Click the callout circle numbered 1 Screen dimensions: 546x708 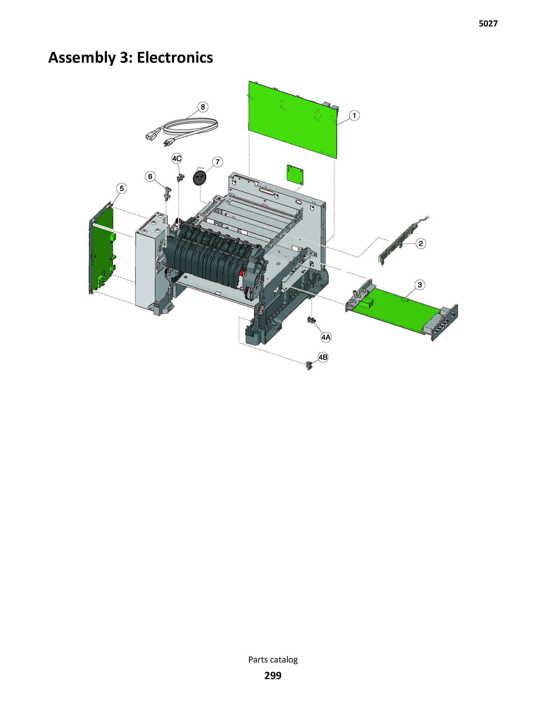point(354,115)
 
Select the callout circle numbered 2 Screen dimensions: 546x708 point(421,243)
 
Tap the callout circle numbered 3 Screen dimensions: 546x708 point(420,285)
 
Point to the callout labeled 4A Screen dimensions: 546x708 point(326,337)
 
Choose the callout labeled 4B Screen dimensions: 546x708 point(323,357)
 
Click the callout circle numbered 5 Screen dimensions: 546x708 point(122,188)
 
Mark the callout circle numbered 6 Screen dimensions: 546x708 point(150,177)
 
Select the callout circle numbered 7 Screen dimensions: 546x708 point(217,162)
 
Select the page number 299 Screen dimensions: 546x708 point(273,676)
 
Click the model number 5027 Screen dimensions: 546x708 point(488,23)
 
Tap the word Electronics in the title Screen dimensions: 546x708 point(175,58)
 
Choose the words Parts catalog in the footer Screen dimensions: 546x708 point(273,659)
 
